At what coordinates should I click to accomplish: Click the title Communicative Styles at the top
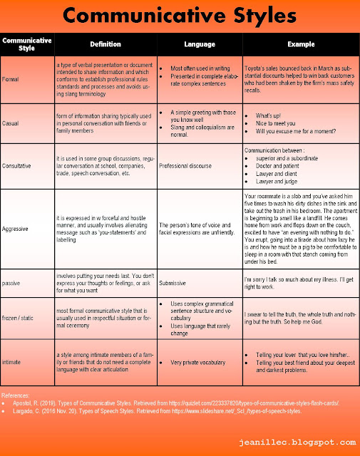point(180,16)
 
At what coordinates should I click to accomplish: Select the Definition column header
point(106,44)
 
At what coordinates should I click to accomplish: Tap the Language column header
point(199,44)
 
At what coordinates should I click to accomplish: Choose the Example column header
point(300,44)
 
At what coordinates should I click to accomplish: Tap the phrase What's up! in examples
point(268,115)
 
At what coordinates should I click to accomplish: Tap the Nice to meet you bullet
point(275,125)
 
